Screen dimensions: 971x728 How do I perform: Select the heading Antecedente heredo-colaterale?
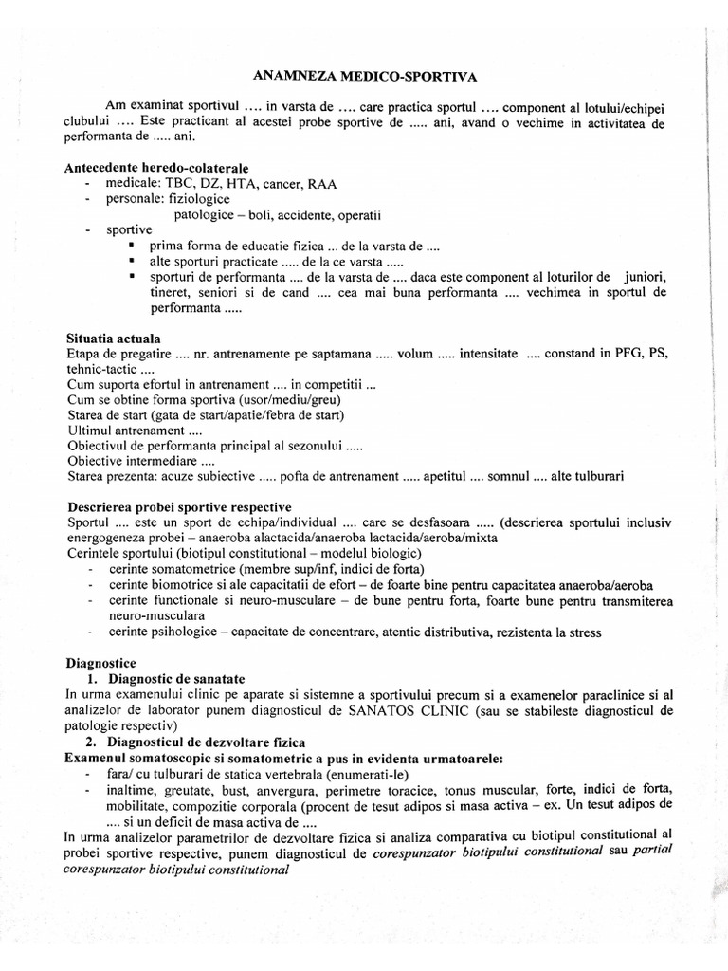(x=156, y=168)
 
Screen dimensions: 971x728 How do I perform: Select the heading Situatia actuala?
(x=114, y=339)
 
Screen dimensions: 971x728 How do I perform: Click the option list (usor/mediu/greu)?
(x=286, y=399)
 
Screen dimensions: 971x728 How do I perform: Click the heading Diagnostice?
(x=101, y=663)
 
